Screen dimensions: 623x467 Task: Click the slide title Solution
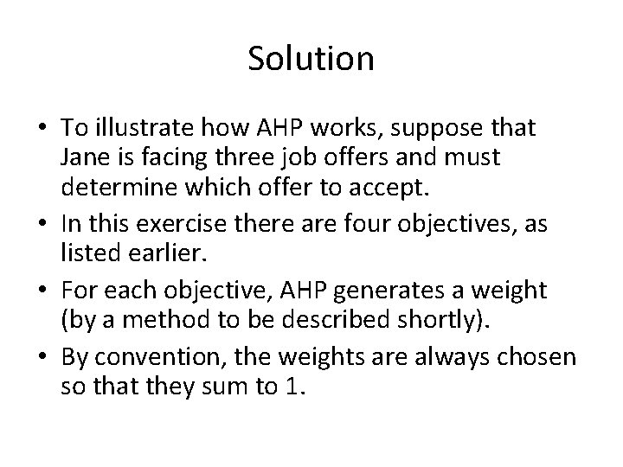tap(311, 59)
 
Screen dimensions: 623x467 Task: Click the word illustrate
tap(145, 127)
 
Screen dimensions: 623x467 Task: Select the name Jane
tap(85, 157)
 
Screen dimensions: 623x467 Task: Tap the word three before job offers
tap(244, 157)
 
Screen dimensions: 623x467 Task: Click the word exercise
tap(181, 223)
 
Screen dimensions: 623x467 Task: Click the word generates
tap(389, 291)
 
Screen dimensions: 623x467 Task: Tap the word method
tap(166, 319)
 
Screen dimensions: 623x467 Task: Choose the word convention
tap(157, 357)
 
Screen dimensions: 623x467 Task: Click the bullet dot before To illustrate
tap(42, 127)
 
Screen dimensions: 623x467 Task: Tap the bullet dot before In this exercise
tap(42, 223)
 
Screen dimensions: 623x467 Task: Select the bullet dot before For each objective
tap(42, 290)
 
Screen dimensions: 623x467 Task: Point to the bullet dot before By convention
tap(42, 356)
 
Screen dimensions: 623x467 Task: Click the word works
tap(344, 128)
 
